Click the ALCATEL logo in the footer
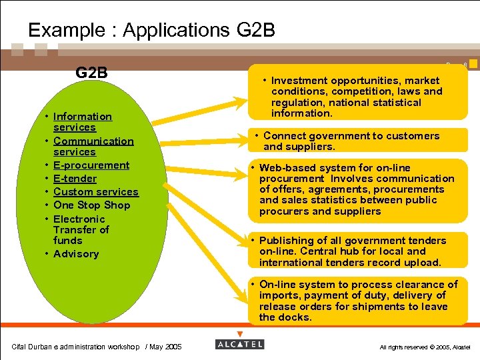(240, 344)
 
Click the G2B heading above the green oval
(91, 73)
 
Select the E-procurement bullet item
(91, 165)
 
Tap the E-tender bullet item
(75, 179)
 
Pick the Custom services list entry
(95, 192)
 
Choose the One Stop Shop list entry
(91, 205)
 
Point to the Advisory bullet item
(76, 254)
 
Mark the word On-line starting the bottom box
(281, 285)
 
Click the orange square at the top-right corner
(473, 64)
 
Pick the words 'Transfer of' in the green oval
(81, 230)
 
